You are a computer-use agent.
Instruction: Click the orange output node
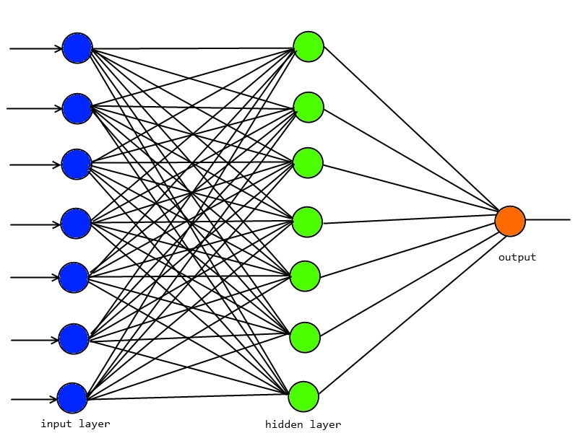(510, 221)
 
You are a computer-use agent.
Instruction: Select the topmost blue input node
(77, 48)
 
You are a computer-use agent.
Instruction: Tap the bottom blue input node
(72, 398)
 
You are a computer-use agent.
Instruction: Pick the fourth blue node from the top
(76, 224)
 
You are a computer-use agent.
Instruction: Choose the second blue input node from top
(77, 108)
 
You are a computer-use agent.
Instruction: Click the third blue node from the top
(77, 165)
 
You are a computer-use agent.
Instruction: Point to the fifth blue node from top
(74, 278)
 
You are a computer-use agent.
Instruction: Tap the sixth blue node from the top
(74, 339)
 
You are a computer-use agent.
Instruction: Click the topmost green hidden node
(309, 47)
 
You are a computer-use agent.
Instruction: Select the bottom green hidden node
(303, 396)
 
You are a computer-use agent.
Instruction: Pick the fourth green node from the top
(307, 222)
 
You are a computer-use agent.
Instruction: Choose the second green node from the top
(309, 108)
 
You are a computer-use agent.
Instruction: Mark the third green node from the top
(308, 163)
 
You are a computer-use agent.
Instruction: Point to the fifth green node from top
(305, 276)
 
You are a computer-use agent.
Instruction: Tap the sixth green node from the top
(305, 337)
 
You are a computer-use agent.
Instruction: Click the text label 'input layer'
(75, 424)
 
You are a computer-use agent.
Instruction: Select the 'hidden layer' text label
(303, 424)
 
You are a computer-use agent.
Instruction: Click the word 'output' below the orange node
(517, 257)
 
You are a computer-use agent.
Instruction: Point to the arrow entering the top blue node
(36, 49)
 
